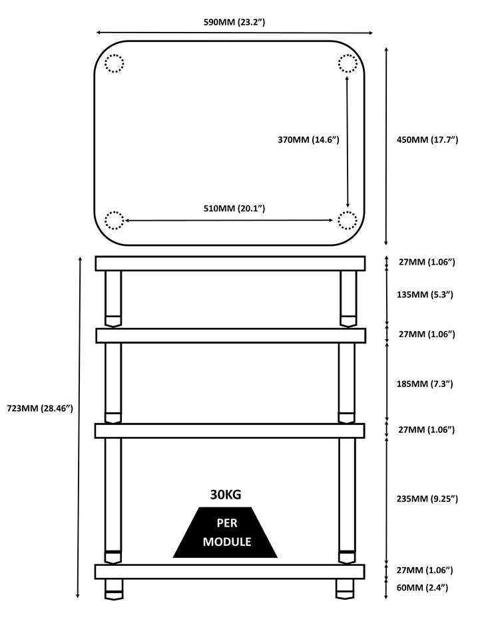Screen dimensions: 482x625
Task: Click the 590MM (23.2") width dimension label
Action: pos(234,22)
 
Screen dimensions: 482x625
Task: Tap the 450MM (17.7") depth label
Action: pos(427,140)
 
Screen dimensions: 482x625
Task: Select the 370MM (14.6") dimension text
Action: pos(308,140)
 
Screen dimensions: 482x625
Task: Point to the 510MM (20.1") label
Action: pos(234,208)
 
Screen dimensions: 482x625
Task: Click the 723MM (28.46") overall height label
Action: pos(40,408)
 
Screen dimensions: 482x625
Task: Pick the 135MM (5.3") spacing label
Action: pos(425,295)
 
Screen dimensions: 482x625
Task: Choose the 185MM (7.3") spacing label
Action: pos(425,384)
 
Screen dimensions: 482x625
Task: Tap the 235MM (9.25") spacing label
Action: pos(427,499)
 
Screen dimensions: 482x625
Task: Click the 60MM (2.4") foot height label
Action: pos(422,587)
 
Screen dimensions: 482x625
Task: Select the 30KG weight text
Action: pos(226,495)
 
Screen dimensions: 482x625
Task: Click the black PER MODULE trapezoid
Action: pos(225,532)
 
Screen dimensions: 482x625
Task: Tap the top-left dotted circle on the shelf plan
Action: pos(115,63)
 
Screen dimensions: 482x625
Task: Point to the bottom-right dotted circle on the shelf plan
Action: pos(348,221)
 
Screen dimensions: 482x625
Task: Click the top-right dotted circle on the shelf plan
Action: pos(348,63)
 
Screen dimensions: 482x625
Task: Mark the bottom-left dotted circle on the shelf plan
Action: pos(115,221)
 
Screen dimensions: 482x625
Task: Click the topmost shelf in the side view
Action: pos(230,263)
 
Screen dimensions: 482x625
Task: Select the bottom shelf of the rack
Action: pos(230,572)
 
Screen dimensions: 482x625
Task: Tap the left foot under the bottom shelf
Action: pos(114,588)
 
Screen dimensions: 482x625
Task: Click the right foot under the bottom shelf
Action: pos(345,588)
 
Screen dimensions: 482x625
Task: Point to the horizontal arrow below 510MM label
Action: pos(228,220)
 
